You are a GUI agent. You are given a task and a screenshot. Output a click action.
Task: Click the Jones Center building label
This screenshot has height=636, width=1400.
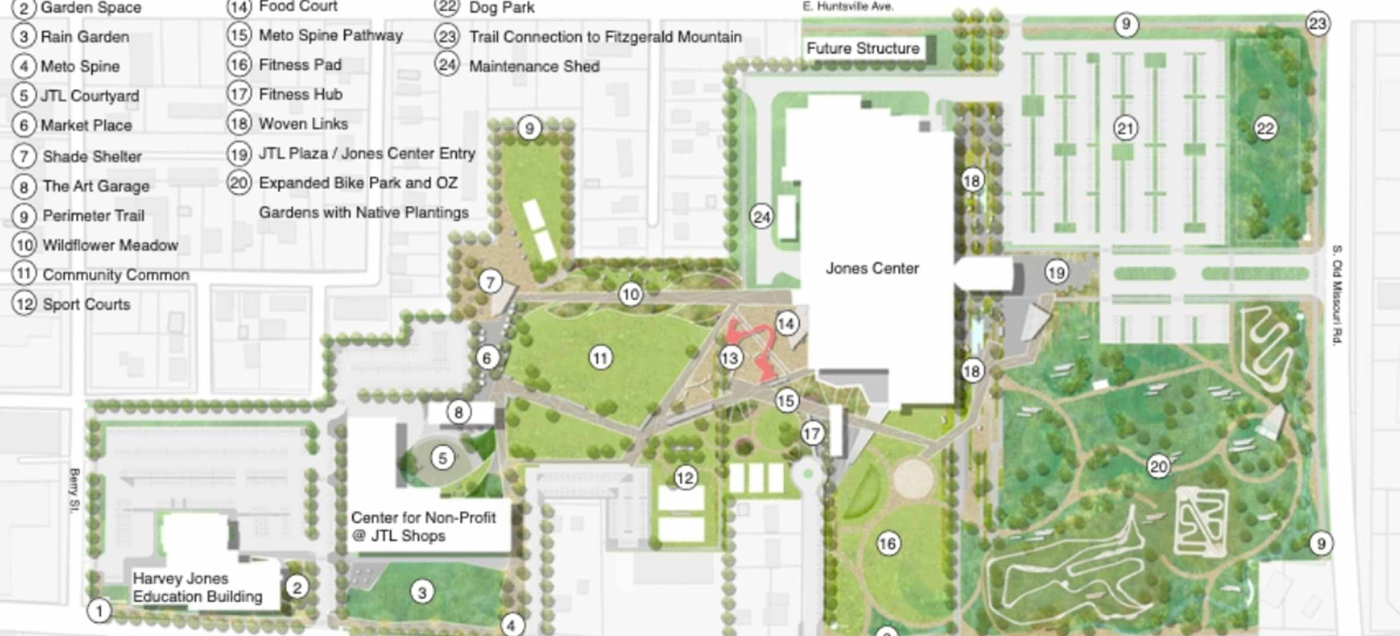(872, 268)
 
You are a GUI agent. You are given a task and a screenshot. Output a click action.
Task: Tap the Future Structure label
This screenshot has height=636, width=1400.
(863, 48)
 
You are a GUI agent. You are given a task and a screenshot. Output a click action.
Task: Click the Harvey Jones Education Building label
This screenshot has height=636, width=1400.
(197, 587)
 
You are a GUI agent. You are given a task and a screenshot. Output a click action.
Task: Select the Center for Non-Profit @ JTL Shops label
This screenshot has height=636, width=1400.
(423, 526)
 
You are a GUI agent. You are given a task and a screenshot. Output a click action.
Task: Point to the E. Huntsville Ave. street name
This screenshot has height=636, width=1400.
(848, 7)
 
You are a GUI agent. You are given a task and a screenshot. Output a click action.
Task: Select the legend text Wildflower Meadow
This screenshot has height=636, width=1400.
(110, 245)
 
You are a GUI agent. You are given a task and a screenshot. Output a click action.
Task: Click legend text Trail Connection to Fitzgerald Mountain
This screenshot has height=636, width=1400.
(605, 37)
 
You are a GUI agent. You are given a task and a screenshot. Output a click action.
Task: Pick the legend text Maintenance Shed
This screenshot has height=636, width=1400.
(534, 66)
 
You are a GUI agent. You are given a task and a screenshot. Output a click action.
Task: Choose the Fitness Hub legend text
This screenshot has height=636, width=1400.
(300, 94)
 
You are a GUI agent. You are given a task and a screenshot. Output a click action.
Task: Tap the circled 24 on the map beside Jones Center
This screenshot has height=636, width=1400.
(762, 217)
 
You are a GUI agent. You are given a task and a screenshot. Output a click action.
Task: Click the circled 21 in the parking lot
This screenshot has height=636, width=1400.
(1125, 128)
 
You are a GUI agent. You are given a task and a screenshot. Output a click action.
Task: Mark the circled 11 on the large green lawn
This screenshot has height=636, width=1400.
(600, 358)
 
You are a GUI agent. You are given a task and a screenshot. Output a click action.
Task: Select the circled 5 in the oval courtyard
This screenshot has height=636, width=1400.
(442, 458)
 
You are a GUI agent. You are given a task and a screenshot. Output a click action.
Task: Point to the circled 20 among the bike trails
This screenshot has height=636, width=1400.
(1158, 467)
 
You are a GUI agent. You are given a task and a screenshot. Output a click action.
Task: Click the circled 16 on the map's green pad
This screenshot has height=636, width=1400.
(887, 543)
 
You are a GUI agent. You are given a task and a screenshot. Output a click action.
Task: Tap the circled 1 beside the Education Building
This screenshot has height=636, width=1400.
(99, 610)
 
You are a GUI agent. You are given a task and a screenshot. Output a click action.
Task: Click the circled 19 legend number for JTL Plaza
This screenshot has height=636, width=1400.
(238, 154)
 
